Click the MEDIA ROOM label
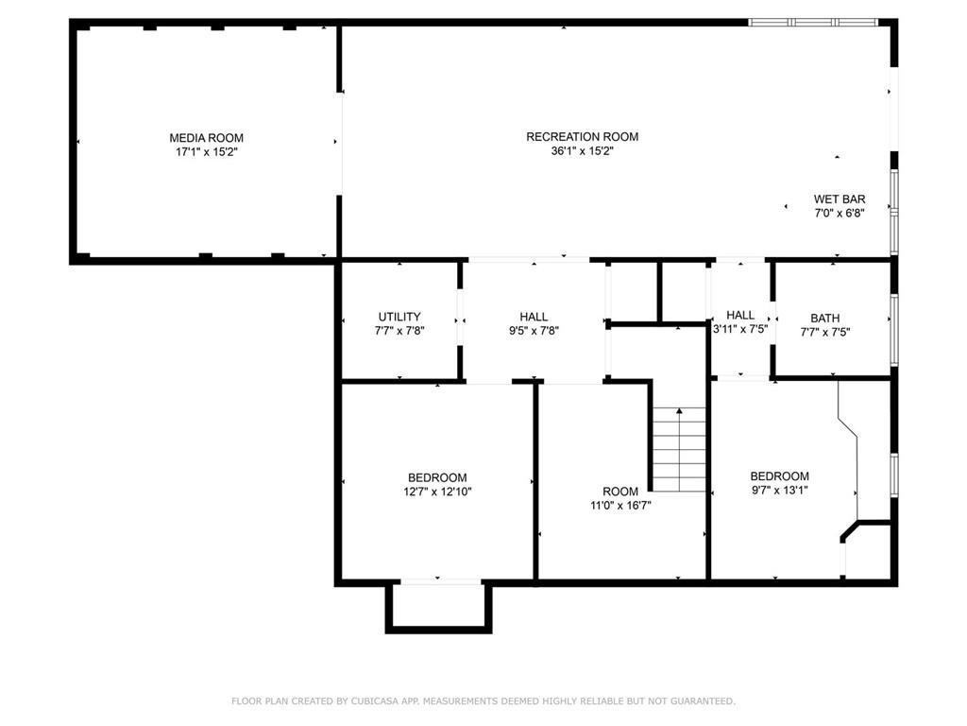[x=206, y=138]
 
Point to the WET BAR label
[x=840, y=199]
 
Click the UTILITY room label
[x=399, y=317]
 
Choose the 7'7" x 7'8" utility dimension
[x=399, y=331]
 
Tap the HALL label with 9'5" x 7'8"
[x=534, y=317]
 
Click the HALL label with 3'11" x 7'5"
[x=740, y=315]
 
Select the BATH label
[x=824, y=318]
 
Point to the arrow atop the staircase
[x=679, y=412]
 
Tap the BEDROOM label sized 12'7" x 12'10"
[x=437, y=477]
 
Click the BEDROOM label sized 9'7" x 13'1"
[x=779, y=476]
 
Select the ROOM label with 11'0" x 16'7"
[x=620, y=492]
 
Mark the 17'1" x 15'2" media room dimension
[x=206, y=152]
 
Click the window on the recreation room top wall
[x=813, y=22]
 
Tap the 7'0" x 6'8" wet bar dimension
[x=840, y=214]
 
